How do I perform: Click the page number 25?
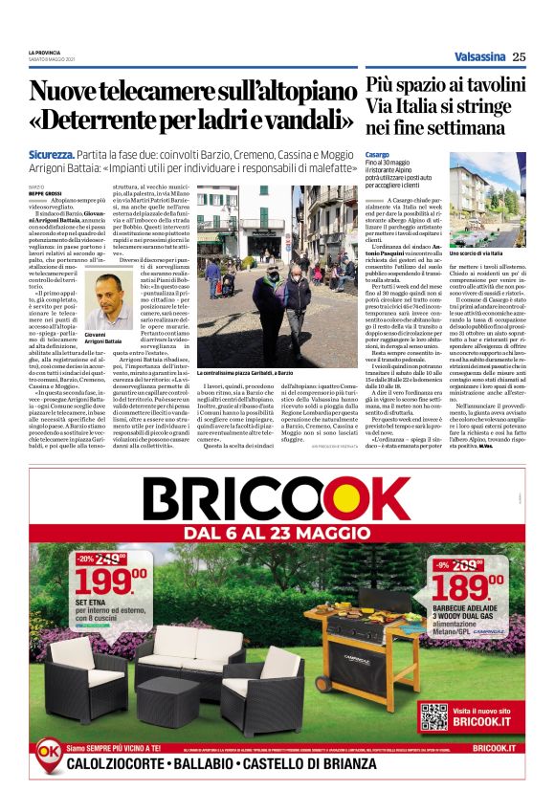(518, 56)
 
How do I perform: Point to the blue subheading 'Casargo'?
(378, 153)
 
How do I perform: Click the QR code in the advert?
(433, 716)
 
